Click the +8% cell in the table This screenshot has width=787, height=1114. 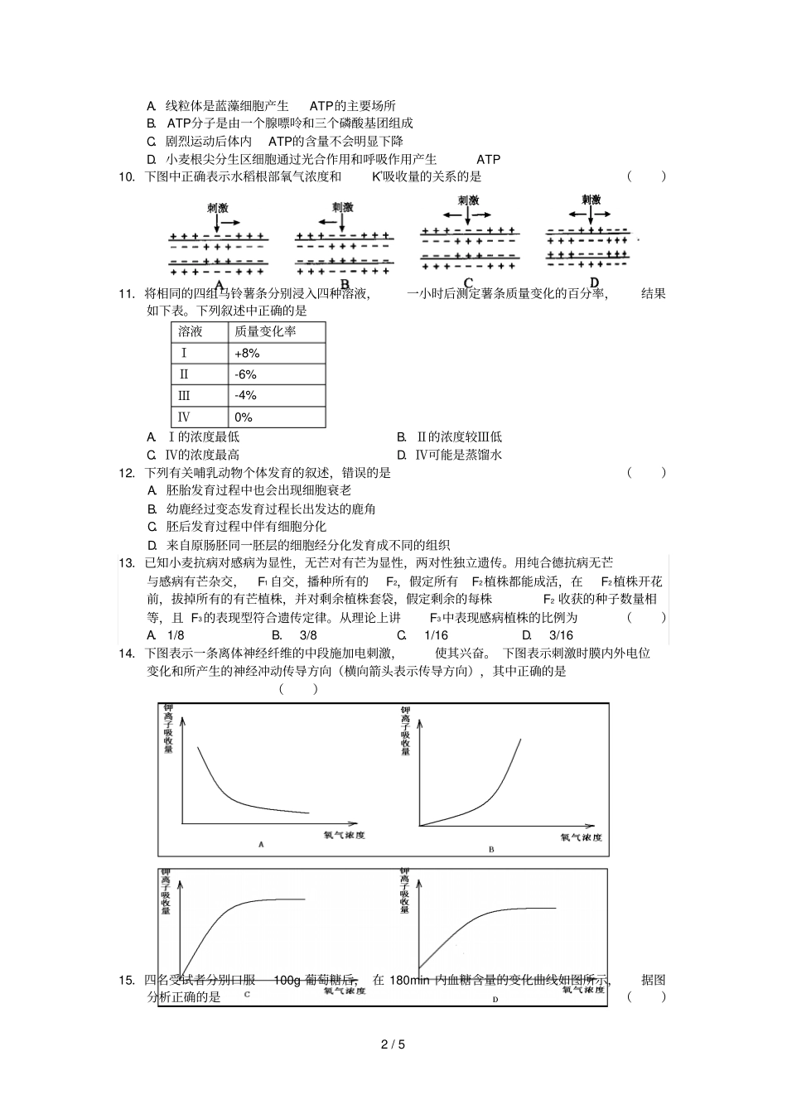pyautogui.click(x=247, y=353)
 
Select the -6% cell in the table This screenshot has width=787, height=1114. pyautogui.click(x=245, y=374)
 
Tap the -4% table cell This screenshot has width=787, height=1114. pyautogui.click(x=245, y=396)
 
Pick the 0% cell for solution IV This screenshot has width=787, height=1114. pyautogui.click(x=244, y=417)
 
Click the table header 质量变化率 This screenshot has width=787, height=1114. pyautogui.click(x=265, y=331)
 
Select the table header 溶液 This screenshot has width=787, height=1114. pyautogui.click(x=191, y=331)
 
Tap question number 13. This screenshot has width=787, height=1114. pyautogui.click(x=127, y=563)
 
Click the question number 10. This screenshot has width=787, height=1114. pyautogui.click(x=127, y=176)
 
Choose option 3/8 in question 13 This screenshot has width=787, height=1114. pyautogui.click(x=307, y=635)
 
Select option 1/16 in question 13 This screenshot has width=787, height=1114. pyautogui.click(x=436, y=635)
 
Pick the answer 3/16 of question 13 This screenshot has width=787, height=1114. pyautogui.click(x=560, y=635)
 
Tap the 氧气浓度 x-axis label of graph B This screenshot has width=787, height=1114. pyautogui.click(x=582, y=837)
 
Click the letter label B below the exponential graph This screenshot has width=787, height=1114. pyautogui.click(x=490, y=850)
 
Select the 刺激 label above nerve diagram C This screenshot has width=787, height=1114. pyautogui.click(x=468, y=200)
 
